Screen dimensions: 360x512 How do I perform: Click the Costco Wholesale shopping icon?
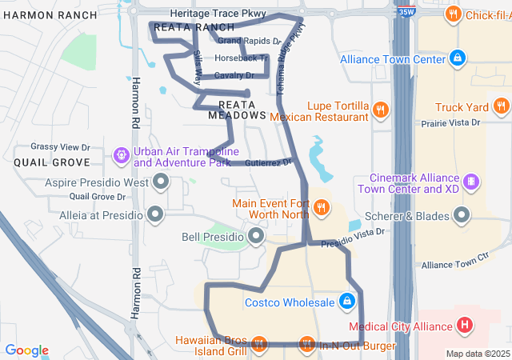pos(347,302)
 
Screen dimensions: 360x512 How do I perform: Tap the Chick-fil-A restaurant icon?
pos(453,14)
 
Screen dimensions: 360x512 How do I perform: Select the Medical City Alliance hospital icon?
pos(465,325)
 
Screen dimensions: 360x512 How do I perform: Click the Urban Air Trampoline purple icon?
pos(121,154)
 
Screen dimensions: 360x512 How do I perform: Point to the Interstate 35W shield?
pos(406,13)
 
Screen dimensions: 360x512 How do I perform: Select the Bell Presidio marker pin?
pos(256,235)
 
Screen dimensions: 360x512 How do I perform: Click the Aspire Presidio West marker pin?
pos(162,182)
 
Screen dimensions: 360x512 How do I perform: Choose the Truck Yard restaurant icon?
pos(502,106)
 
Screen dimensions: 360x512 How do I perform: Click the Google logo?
pos(26,350)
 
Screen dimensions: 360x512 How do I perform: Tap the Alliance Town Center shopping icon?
pos(457,58)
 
